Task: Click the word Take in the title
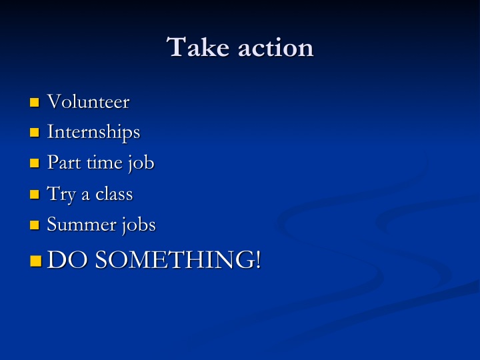pyautogui.click(x=198, y=47)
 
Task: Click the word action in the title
pyautogui.click(x=276, y=48)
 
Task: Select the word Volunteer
pyautogui.click(x=88, y=101)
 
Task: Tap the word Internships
pyautogui.click(x=94, y=132)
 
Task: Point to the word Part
pyautogui.click(x=64, y=162)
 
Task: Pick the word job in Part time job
pyautogui.click(x=141, y=163)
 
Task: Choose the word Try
pyautogui.click(x=61, y=194)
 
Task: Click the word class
pyautogui.click(x=114, y=194)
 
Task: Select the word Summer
pyautogui.click(x=81, y=225)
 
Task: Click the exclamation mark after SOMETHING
pyautogui.click(x=258, y=259)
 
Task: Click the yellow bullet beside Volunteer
pyautogui.click(x=35, y=103)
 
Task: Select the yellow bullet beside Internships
pyautogui.click(x=35, y=133)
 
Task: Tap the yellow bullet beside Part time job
pyautogui.click(x=35, y=163)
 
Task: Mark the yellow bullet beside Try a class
pyautogui.click(x=35, y=195)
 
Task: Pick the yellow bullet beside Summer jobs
pyautogui.click(x=35, y=225)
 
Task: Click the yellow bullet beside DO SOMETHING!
pyautogui.click(x=36, y=261)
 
